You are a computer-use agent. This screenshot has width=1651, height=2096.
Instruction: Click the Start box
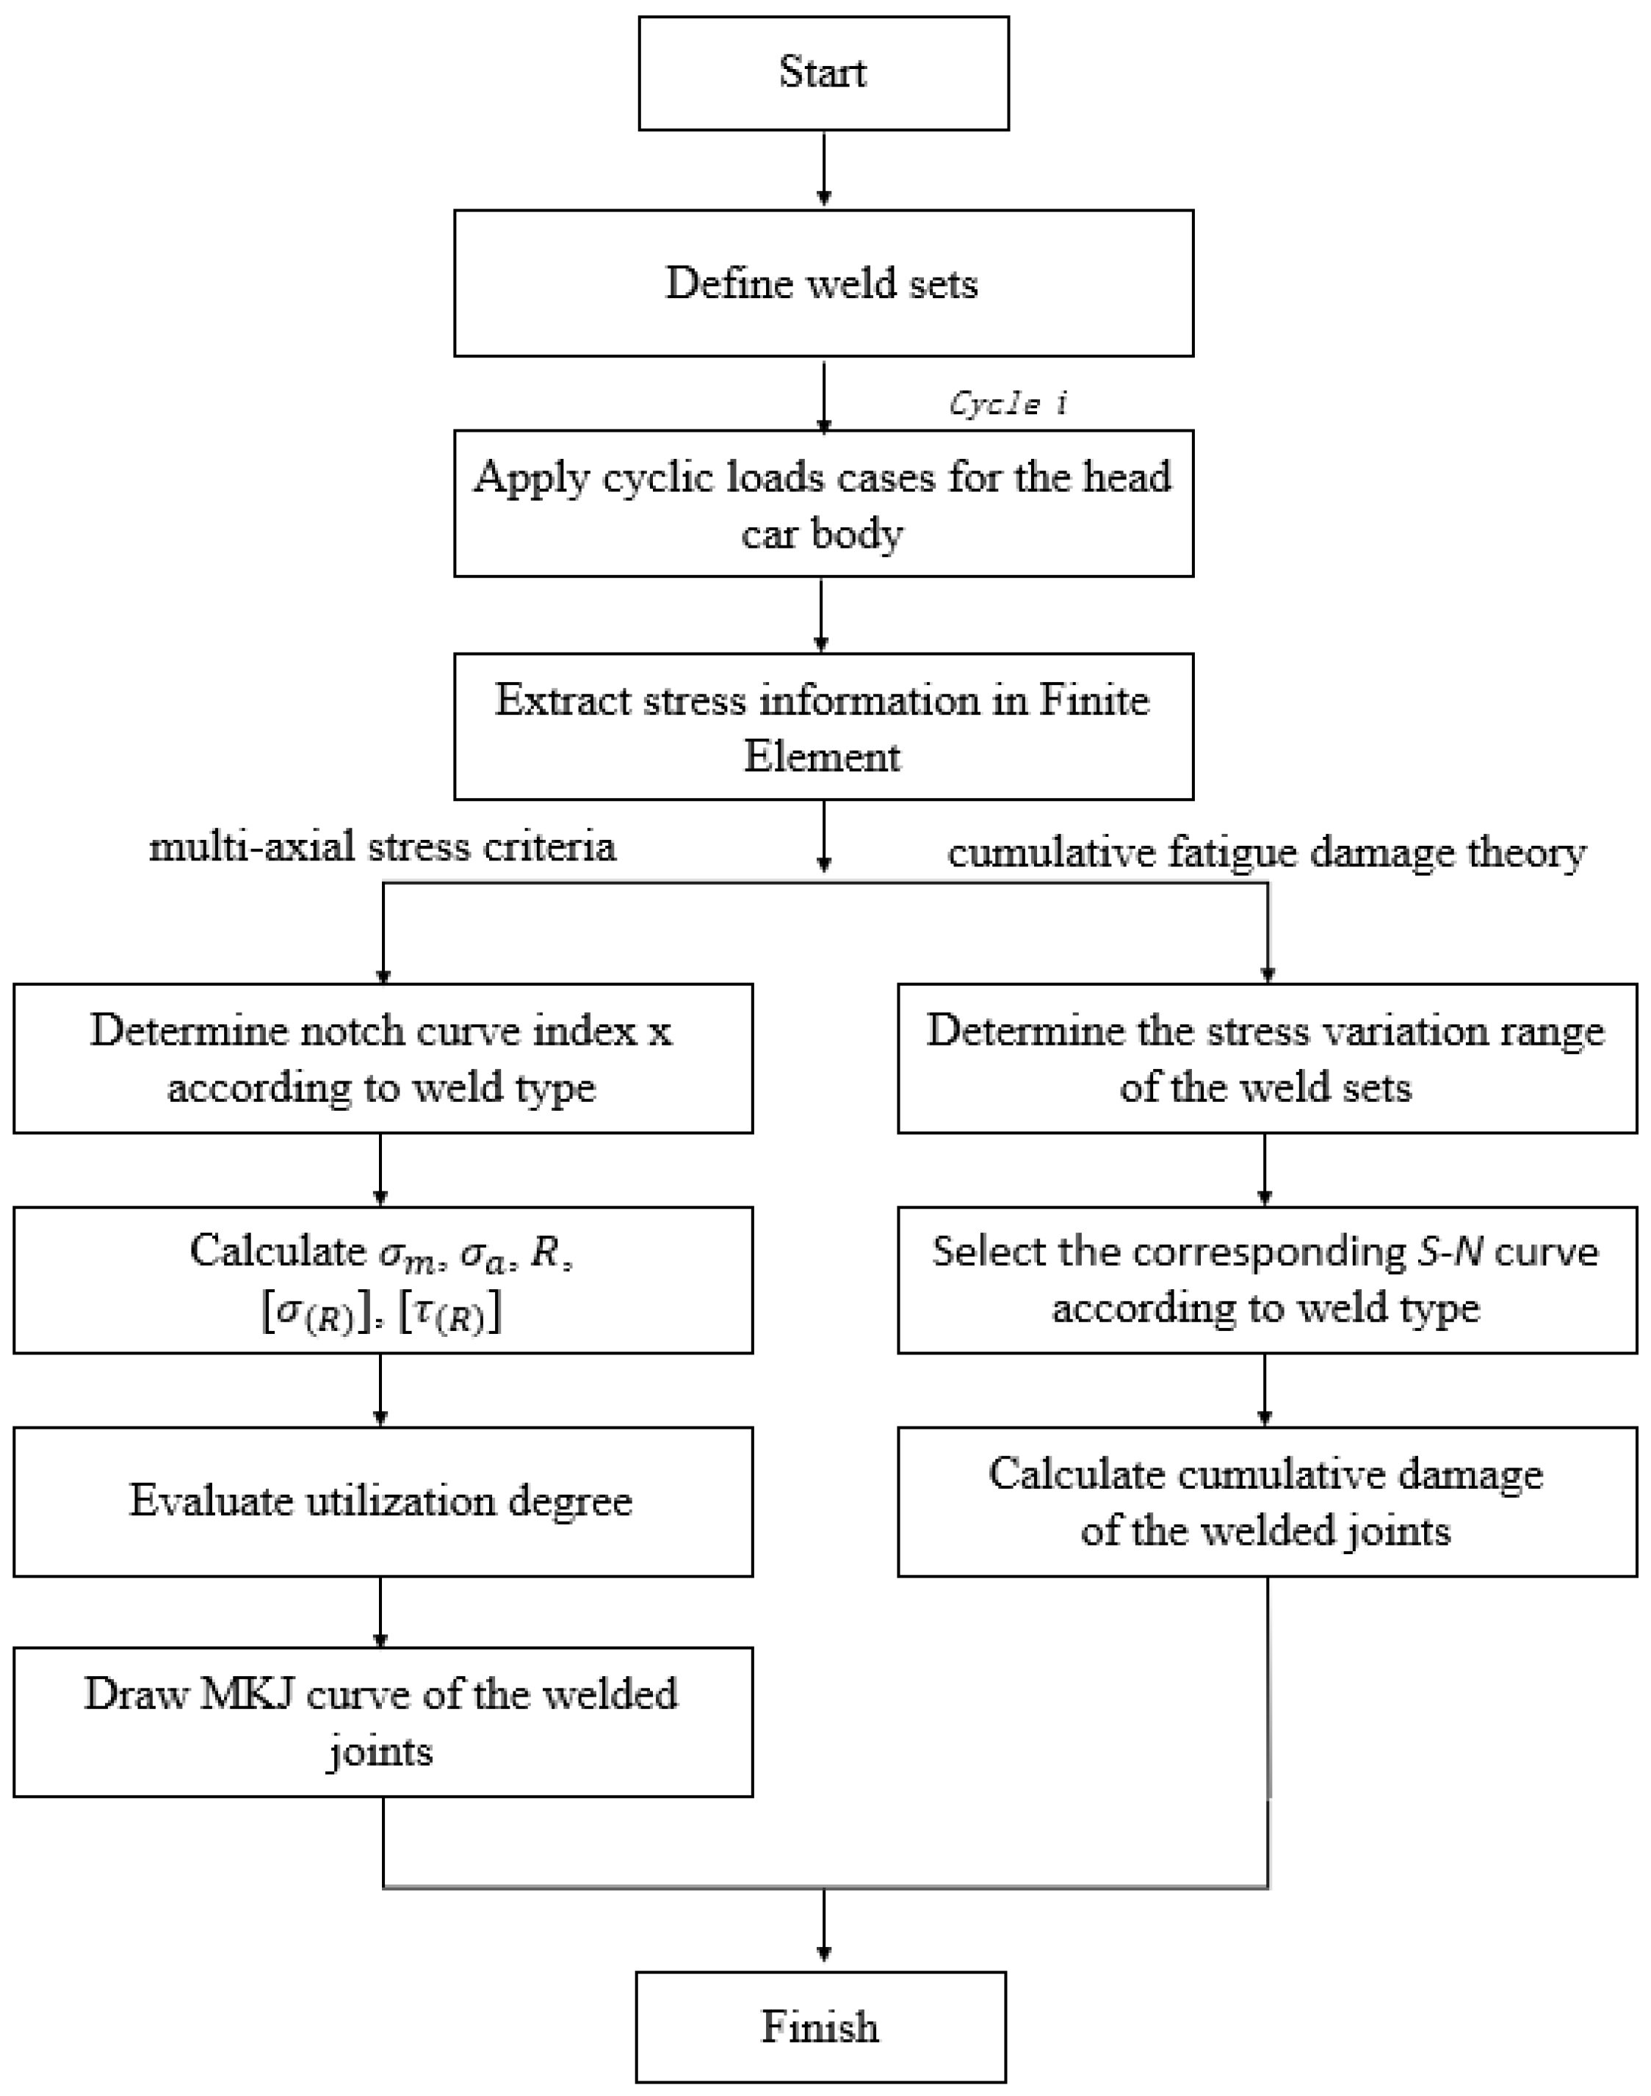823,73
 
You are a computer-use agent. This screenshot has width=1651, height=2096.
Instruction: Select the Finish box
820,2026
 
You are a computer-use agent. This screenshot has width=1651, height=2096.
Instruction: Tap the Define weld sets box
823,283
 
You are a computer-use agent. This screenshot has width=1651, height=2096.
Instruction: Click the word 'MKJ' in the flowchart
247,1694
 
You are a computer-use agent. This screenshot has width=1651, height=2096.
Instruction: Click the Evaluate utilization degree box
383,1501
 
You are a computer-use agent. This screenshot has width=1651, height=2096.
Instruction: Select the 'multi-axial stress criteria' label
383,846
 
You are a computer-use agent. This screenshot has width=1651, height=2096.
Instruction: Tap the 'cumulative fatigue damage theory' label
1266,852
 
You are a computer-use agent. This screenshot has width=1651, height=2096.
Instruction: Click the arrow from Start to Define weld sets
823,169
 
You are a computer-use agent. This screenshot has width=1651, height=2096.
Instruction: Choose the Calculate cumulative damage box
1266,1501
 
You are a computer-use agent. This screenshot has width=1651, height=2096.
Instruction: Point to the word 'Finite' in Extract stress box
1094,700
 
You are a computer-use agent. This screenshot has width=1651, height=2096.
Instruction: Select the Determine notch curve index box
383,1058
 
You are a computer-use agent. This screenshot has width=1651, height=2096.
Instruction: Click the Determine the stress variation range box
1266,1058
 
